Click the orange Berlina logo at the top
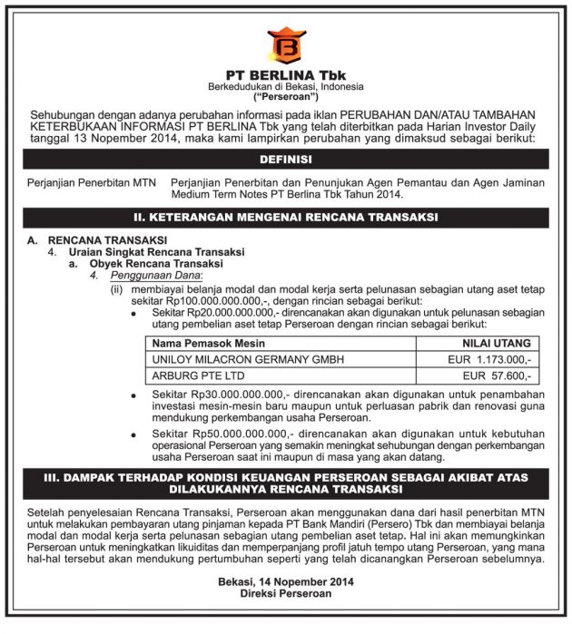coord(285,44)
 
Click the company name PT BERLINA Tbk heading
coord(285,73)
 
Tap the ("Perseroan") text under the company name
coord(285,96)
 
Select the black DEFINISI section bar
coord(285,159)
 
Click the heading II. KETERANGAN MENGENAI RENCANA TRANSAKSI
coord(285,218)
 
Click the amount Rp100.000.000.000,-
coord(206,298)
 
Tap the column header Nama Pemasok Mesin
coord(203,344)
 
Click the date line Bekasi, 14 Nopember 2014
coord(285,582)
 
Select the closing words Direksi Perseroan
coord(285,595)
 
